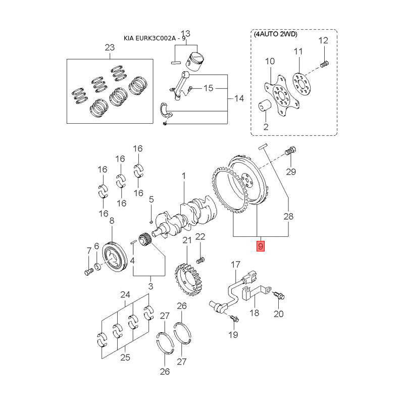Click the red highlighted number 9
pyautogui.click(x=261, y=246)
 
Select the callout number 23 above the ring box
pyautogui.click(x=110, y=47)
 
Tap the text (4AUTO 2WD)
pyautogui.click(x=275, y=34)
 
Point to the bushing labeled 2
pyautogui.click(x=266, y=108)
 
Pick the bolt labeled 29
pyautogui.click(x=291, y=150)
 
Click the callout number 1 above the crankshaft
pyautogui.click(x=184, y=176)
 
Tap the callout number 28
pyautogui.click(x=288, y=217)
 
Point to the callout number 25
pyautogui.click(x=125, y=358)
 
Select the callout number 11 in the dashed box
pyautogui.click(x=298, y=51)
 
